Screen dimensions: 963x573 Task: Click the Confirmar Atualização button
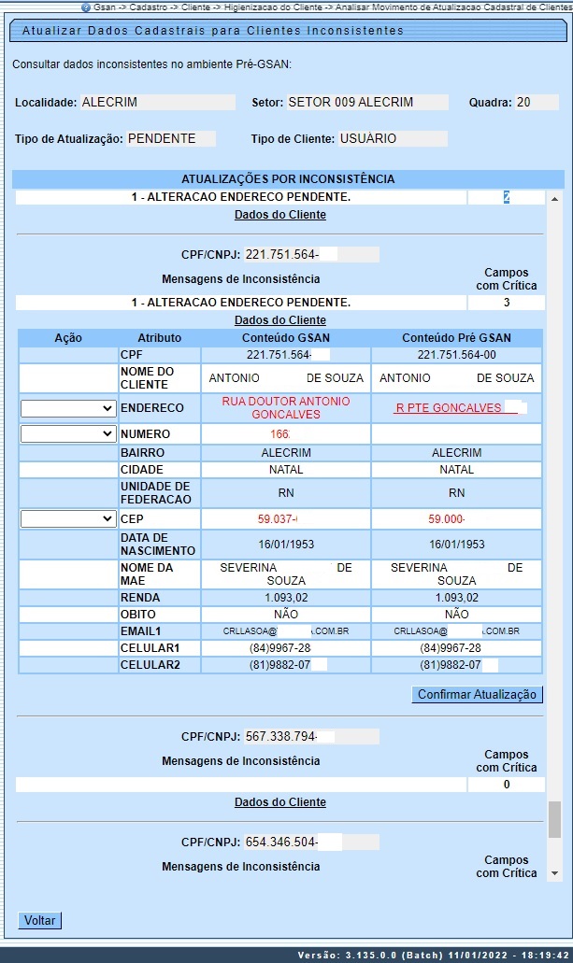click(477, 695)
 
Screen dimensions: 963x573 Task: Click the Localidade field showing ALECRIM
click(157, 103)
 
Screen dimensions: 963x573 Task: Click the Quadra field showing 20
click(537, 103)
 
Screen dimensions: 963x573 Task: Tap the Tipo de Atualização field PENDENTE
click(171, 139)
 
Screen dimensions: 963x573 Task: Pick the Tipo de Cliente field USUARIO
click(393, 139)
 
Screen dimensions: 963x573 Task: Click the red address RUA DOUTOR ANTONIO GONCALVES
click(285, 407)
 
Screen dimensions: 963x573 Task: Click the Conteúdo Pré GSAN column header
click(456, 337)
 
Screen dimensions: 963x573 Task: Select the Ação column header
click(68, 337)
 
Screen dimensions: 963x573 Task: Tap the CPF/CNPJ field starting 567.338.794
click(311, 736)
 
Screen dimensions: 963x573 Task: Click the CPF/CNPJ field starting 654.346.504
click(311, 843)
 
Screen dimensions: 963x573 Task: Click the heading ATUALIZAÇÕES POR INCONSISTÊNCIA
click(288, 178)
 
